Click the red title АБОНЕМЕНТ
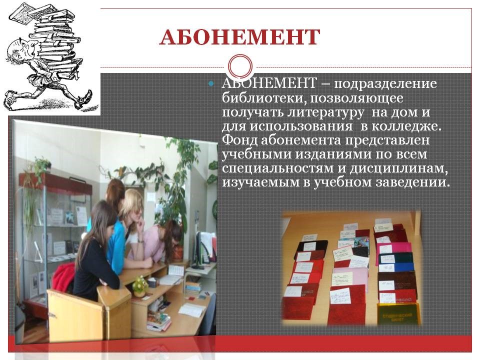pyautogui.click(x=239, y=37)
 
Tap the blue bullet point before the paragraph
pyautogui.click(x=210, y=83)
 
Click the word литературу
pyautogui.click(x=325, y=112)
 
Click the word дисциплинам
pyautogui.click(x=399, y=168)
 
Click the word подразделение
pyautogui.click(x=385, y=84)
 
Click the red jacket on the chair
pyautogui.click(x=63, y=277)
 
